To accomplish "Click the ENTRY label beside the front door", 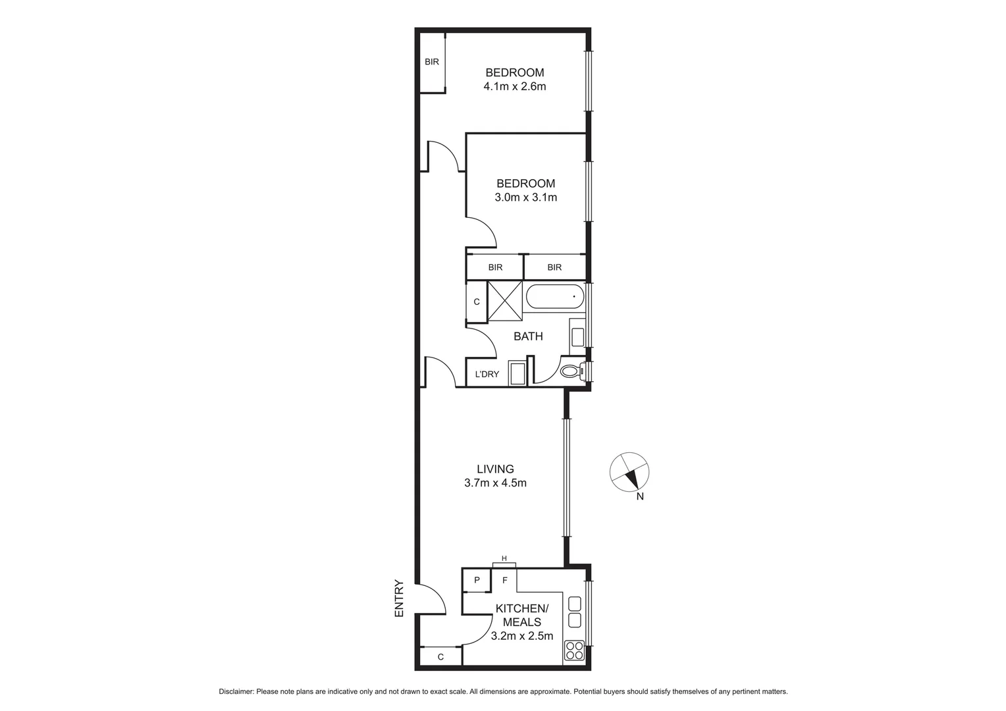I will point(398,598).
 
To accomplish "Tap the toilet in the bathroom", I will point(570,371).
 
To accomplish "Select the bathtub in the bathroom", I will point(554,296).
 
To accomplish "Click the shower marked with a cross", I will point(504,300).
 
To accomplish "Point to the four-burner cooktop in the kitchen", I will point(574,650).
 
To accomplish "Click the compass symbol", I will point(629,472).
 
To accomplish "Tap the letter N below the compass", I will point(640,497).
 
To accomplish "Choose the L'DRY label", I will point(487,375).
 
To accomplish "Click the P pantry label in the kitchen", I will point(477,580).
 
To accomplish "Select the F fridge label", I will point(505,581).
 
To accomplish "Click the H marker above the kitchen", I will point(504,559).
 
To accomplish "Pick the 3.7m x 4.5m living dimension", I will point(495,483).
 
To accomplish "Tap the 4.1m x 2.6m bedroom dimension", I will point(515,86).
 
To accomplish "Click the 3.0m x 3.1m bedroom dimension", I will point(525,197).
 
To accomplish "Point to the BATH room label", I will point(528,336).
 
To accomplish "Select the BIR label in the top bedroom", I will point(432,62).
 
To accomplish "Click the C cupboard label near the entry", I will point(440,656).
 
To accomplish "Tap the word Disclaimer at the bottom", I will point(236,692).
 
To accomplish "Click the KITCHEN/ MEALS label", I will point(521,615).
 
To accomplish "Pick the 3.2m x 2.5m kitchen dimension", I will point(521,636).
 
